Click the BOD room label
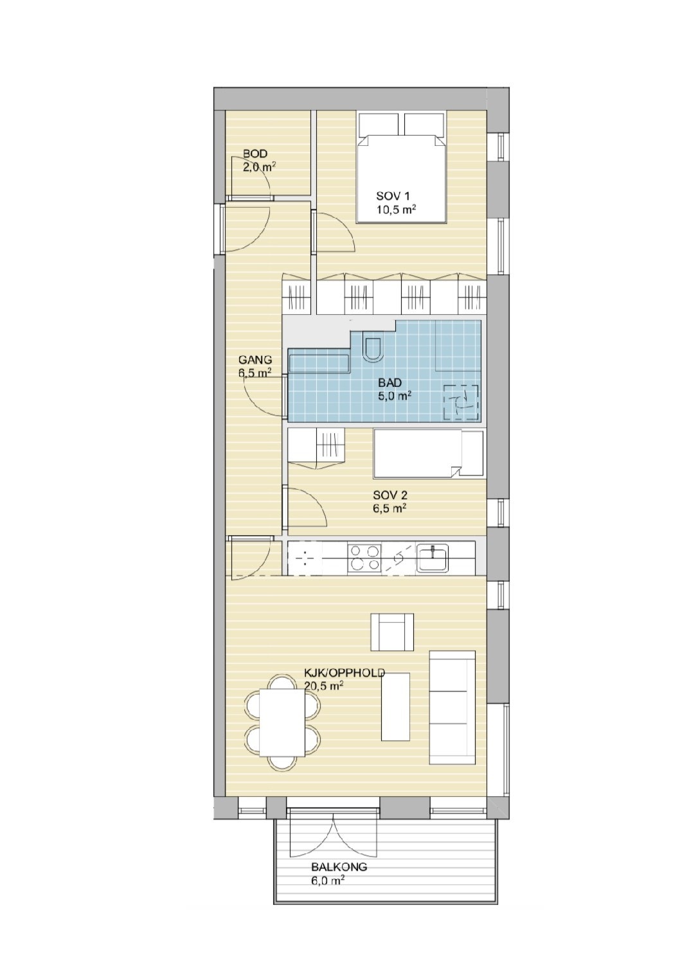[x=255, y=154]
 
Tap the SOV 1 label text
[x=392, y=195]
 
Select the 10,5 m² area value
[x=396, y=209]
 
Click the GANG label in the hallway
[x=255, y=360]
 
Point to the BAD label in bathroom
[x=390, y=384]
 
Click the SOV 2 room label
[x=390, y=495]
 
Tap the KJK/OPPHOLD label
[x=344, y=673]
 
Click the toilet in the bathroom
[x=372, y=347]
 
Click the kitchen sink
[x=433, y=558]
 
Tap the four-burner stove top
[x=364, y=558]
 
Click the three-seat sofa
[x=452, y=707]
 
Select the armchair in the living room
[x=392, y=632]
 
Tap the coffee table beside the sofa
[x=395, y=706]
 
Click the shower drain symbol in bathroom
[x=461, y=402]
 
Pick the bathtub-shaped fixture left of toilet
[x=318, y=362]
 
